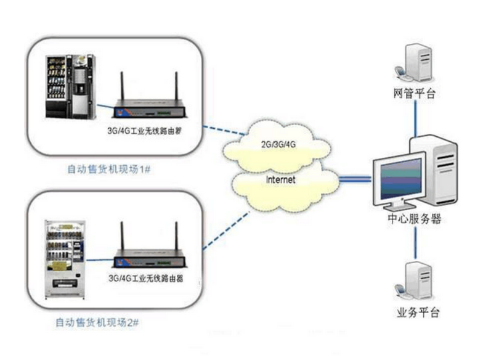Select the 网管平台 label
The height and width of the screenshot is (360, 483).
click(414, 94)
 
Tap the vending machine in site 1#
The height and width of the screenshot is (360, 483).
click(68, 88)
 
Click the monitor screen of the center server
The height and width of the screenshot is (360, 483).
click(401, 179)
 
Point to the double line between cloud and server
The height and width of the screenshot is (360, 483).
click(356, 179)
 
